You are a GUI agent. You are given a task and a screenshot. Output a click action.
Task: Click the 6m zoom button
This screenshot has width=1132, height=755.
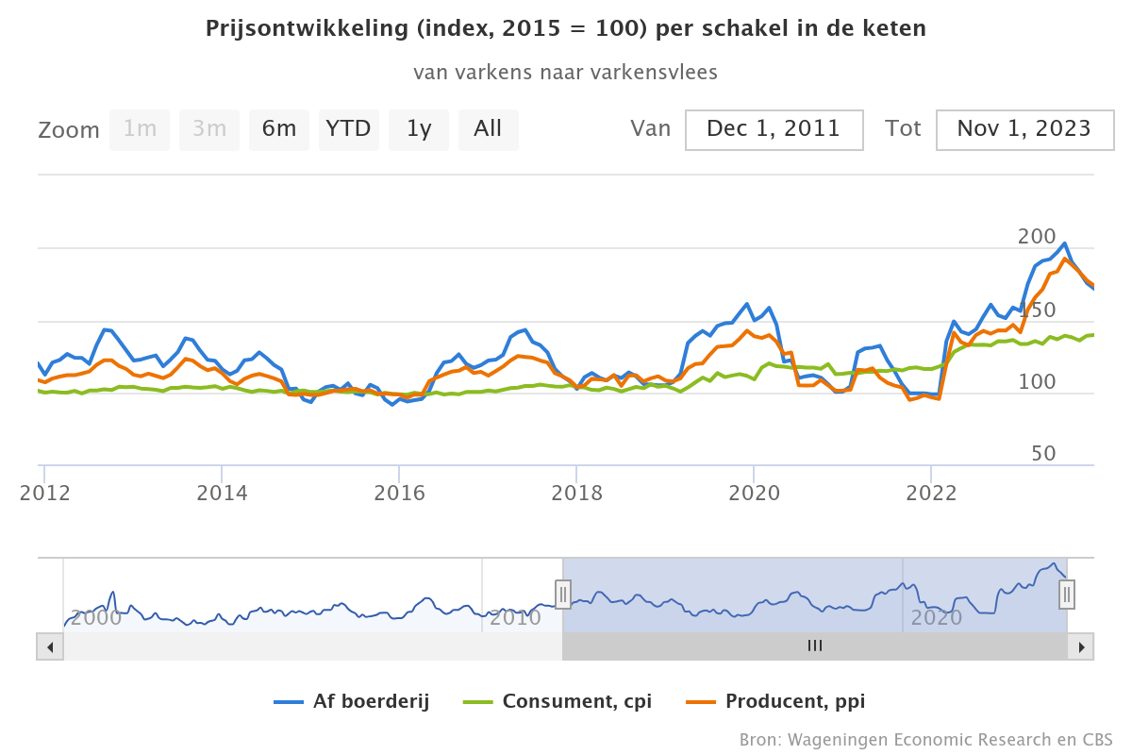click(x=279, y=129)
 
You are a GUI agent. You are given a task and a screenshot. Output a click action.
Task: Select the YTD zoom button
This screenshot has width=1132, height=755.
click(x=348, y=129)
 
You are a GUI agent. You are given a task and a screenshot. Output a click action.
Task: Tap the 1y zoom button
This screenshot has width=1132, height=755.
click(x=419, y=129)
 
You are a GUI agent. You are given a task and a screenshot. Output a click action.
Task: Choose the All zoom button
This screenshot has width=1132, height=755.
click(x=488, y=129)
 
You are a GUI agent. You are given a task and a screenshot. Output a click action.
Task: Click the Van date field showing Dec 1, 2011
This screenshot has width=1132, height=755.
click(x=774, y=129)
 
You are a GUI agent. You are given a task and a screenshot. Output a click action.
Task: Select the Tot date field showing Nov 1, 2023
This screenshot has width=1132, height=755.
click(x=1024, y=129)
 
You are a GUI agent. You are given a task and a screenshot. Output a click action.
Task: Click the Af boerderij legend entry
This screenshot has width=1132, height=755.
click(x=353, y=701)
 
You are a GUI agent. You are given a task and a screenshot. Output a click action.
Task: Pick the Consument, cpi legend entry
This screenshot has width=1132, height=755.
click(x=558, y=701)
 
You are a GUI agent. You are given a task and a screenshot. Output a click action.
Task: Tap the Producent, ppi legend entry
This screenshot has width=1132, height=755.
click(x=775, y=701)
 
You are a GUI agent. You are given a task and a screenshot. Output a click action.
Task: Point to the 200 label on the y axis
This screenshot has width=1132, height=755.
click(x=1037, y=237)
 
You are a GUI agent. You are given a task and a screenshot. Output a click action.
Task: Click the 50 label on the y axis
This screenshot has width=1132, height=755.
click(x=1043, y=454)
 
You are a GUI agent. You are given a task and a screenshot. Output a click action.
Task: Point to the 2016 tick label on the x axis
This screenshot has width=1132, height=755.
click(x=399, y=493)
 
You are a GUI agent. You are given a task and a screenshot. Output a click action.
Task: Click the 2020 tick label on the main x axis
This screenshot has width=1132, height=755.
click(x=754, y=493)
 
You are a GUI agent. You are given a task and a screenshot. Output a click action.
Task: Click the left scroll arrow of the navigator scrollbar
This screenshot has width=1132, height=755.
click(x=50, y=646)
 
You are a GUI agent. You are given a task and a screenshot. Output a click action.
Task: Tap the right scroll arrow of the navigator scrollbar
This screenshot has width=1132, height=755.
click(x=1082, y=646)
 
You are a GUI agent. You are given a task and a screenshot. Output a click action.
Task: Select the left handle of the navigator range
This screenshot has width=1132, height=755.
click(x=563, y=594)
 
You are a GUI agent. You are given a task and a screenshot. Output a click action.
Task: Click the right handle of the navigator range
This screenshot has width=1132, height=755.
click(x=1067, y=594)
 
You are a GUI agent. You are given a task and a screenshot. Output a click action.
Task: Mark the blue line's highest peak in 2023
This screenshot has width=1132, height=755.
click(x=1065, y=243)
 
